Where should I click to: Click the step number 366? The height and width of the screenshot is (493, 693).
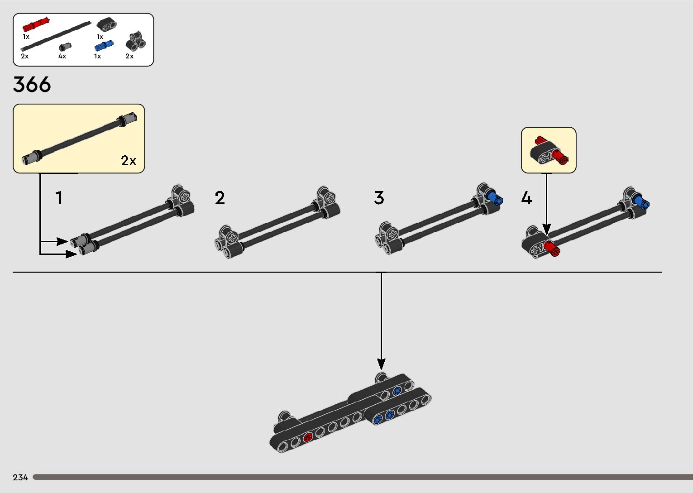click(32, 85)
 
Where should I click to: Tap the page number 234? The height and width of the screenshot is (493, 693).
click(20, 477)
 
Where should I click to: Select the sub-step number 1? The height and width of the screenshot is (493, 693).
click(59, 198)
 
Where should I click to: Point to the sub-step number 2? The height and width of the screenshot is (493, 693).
click(220, 198)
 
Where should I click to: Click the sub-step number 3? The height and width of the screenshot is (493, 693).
click(379, 198)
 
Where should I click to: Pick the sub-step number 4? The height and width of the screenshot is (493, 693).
click(526, 198)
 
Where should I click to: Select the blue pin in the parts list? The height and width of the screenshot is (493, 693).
click(104, 46)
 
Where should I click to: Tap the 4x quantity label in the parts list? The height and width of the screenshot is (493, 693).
click(62, 57)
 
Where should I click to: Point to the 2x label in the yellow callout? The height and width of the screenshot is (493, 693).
click(129, 161)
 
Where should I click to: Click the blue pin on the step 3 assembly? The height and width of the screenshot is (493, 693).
click(496, 198)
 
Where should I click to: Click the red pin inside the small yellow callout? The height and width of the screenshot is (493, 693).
click(559, 158)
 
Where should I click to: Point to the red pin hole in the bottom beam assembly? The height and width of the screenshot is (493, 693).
click(308, 437)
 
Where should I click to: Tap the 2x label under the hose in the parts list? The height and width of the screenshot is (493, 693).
click(24, 57)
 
